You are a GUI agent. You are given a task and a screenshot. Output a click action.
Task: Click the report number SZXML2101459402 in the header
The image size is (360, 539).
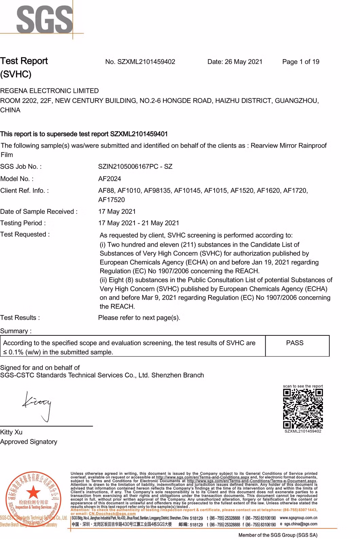[x=146, y=62]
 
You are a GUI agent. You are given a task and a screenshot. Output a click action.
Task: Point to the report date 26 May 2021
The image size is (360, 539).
[x=244, y=62]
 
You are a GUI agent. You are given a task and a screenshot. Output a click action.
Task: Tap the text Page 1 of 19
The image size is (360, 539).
[x=301, y=62]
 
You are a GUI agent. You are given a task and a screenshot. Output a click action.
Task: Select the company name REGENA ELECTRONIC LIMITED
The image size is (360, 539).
[x=50, y=91]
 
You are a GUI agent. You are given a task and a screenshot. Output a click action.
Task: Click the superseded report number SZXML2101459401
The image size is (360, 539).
[x=139, y=134]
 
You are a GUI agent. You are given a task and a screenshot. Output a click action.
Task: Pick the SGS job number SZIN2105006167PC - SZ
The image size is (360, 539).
[x=135, y=167]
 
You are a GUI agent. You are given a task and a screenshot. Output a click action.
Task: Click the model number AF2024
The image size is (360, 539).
[x=109, y=179]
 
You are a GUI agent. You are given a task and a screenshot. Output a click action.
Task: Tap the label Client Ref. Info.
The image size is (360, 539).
[x=24, y=191]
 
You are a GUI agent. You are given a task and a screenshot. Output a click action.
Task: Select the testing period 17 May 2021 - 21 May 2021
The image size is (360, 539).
[x=139, y=223]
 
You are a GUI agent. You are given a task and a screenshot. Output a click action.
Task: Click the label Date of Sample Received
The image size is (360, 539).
[x=39, y=212]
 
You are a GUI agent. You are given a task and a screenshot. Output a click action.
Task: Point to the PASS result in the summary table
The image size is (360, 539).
[x=295, y=343]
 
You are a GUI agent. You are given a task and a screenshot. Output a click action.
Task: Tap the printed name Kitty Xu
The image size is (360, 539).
[x=12, y=432]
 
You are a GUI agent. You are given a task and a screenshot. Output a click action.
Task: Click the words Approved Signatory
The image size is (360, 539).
[x=29, y=442]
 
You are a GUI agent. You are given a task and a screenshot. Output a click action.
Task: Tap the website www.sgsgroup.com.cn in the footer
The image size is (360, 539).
[x=299, y=518]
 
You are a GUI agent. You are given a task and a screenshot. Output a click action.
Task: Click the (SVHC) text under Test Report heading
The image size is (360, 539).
[x=16, y=74]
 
